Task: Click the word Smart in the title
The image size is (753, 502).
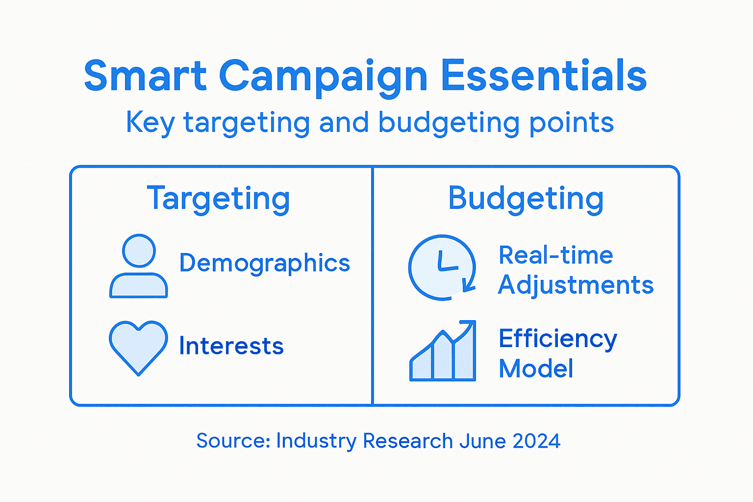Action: tap(145, 76)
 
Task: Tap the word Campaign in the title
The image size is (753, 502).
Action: tap(323, 77)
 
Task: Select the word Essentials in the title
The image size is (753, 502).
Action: tap(544, 76)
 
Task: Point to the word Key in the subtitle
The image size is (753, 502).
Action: tap(150, 123)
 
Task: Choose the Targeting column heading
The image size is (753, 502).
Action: tap(218, 199)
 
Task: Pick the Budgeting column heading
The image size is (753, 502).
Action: tap(526, 199)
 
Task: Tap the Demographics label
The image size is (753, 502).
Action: tap(264, 263)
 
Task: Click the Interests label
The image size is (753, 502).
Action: tap(231, 346)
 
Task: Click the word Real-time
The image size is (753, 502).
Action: tap(555, 255)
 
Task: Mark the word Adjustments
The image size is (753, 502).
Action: tap(576, 285)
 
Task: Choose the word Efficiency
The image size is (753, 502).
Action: tap(557, 339)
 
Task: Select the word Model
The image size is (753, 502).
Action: tap(536, 369)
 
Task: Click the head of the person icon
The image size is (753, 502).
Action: tap(139, 251)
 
